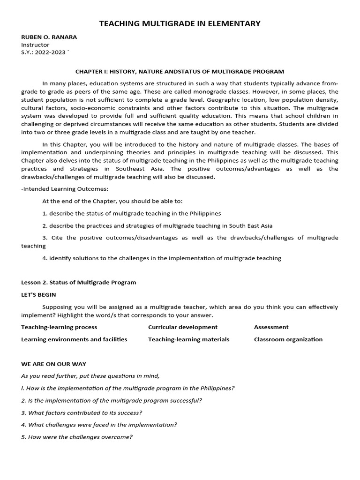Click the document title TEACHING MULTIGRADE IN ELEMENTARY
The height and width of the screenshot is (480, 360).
tap(180, 23)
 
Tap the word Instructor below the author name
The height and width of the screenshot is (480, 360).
tap(35, 45)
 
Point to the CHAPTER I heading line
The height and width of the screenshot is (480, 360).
tap(180, 71)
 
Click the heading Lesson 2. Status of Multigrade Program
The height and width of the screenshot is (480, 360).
tap(79, 282)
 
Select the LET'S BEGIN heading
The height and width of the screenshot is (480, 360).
tap(38, 295)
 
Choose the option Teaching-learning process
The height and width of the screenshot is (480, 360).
tap(59, 327)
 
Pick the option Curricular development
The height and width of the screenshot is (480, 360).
tap(183, 327)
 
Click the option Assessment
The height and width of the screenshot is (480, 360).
tap(271, 327)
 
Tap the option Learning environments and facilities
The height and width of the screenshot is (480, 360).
tap(74, 339)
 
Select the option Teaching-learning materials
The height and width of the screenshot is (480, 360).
tap(188, 339)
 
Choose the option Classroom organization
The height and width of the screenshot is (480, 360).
tap(288, 339)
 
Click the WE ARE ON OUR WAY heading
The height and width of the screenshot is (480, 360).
tap(53, 364)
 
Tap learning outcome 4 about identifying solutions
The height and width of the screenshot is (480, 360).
tap(162, 258)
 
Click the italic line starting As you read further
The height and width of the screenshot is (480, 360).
tap(90, 376)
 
